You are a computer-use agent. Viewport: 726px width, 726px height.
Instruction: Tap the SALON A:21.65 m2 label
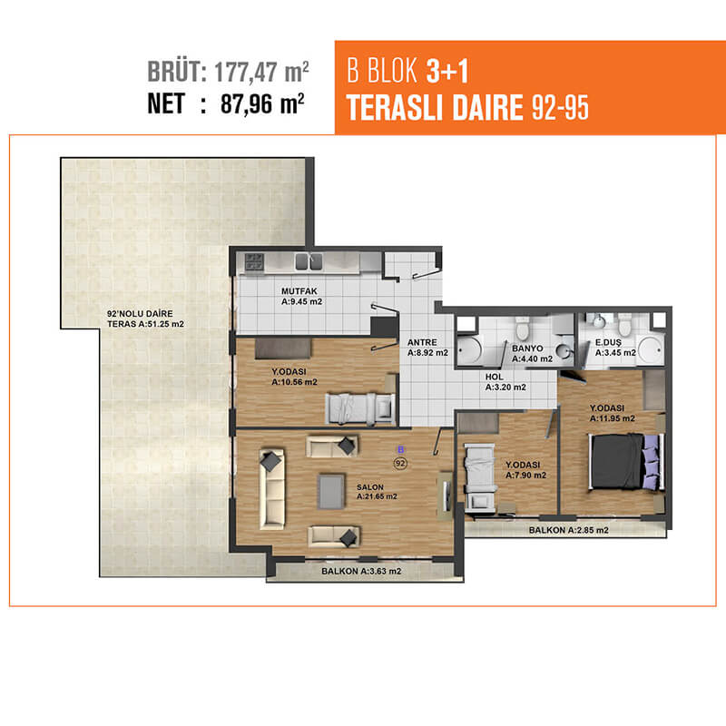point(377,492)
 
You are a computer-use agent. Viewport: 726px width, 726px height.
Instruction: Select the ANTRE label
point(422,342)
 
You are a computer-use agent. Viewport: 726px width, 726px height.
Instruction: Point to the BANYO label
point(527,348)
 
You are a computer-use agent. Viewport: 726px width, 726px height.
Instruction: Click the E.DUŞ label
point(608,343)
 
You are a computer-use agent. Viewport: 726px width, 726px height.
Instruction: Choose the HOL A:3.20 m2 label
point(505,382)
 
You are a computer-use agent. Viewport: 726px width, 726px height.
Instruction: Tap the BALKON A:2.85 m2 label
point(569,530)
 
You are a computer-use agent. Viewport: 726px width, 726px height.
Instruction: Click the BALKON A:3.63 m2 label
point(361,571)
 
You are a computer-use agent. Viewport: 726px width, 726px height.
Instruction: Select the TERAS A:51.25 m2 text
point(145,324)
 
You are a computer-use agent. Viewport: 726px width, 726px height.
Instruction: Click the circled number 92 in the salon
point(400,463)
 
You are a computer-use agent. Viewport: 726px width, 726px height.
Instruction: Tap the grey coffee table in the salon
point(331,491)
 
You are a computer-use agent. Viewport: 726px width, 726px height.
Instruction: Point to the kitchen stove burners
point(254,261)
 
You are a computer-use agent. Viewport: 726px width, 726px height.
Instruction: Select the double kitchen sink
point(309,261)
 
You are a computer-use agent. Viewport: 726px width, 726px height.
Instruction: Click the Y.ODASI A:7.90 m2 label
point(525,470)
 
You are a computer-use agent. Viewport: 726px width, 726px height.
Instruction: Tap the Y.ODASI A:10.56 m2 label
point(294,377)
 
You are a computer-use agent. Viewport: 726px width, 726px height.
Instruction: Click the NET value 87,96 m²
point(262,103)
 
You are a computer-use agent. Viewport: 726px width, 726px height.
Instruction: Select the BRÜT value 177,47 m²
point(261,72)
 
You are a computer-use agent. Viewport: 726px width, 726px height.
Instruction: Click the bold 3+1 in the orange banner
point(447,71)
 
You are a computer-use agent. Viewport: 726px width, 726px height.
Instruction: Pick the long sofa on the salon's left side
point(271,488)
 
